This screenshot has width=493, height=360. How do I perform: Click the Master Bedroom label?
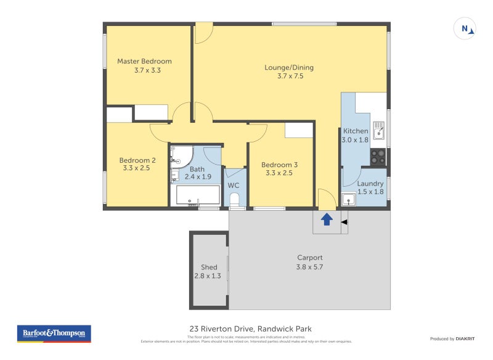pyautogui.click(x=144, y=61)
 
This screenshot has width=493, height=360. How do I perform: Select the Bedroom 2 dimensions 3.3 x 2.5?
pyautogui.click(x=137, y=168)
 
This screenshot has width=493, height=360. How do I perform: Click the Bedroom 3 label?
pyautogui.click(x=279, y=165)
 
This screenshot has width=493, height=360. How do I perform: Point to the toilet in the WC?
pyautogui.click(x=234, y=198)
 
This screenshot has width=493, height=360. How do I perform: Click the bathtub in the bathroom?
pyautogui.click(x=197, y=195)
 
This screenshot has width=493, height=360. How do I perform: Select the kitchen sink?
pyautogui.click(x=378, y=130)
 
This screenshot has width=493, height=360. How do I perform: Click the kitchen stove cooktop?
pyautogui.click(x=378, y=157)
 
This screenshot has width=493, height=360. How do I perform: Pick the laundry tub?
pyautogui.click(x=349, y=200)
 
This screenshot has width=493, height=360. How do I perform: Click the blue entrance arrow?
pyautogui.click(x=327, y=218)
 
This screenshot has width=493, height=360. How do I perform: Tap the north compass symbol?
pyautogui.click(x=465, y=28)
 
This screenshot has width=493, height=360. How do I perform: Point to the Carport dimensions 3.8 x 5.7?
pyautogui.click(x=309, y=267)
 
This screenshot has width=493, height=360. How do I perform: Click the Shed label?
pyautogui.click(x=209, y=267)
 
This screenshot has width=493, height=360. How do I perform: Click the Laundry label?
pyautogui.click(x=370, y=183)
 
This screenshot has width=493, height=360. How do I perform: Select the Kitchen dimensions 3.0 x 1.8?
pyautogui.click(x=354, y=140)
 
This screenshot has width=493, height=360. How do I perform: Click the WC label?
pyautogui.click(x=234, y=185)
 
